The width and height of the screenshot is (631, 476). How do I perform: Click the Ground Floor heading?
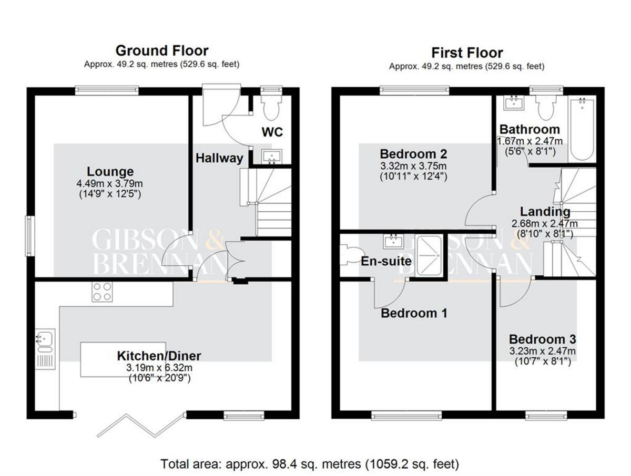(x=161, y=50)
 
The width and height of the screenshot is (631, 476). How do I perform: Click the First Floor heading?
(x=467, y=53)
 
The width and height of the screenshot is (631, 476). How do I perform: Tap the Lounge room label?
(x=110, y=171)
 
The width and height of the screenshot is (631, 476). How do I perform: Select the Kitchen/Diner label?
(x=159, y=356)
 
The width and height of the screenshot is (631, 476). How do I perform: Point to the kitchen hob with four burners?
(x=102, y=292)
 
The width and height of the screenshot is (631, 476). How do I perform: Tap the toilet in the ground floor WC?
(x=271, y=108)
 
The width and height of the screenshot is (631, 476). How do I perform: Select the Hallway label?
(x=220, y=158)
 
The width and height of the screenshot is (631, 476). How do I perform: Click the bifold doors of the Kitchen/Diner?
(x=141, y=425)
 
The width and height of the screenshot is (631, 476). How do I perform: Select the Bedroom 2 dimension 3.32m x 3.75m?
(x=413, y=166)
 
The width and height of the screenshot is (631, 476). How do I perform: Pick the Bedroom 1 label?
(x=414, y=314)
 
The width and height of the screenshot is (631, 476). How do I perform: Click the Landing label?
(x=545, y=212)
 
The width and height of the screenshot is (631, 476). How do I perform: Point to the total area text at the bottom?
(x=310, y=464)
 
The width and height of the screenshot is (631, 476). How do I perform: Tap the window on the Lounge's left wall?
(x=30, y=236)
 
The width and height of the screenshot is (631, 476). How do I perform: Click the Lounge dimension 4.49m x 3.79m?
(x=110, y=183)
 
